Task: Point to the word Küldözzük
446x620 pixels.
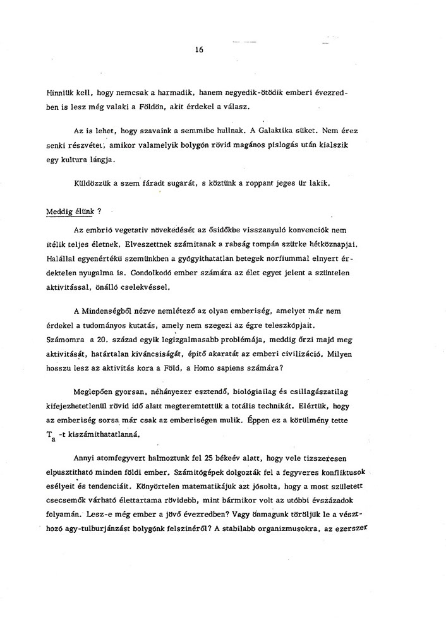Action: click(93, 184)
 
